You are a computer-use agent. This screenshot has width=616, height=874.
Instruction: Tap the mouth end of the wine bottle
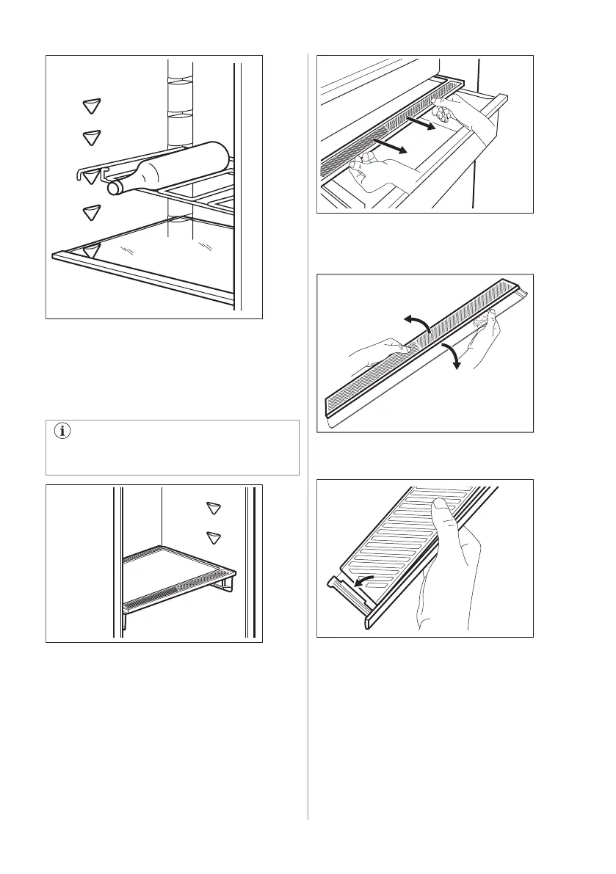114,189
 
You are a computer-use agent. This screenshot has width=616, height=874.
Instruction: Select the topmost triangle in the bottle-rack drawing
90,106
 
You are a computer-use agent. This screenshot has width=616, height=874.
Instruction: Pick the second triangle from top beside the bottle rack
90,136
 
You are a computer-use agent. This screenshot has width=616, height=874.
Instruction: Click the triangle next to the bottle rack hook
90,177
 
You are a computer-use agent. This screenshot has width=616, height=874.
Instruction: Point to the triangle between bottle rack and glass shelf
90,214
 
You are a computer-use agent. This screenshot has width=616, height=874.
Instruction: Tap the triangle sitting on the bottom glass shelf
90,251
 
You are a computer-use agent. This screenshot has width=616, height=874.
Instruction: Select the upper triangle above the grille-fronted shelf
214,508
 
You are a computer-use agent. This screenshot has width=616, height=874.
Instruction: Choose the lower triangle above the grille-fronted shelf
214,537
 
